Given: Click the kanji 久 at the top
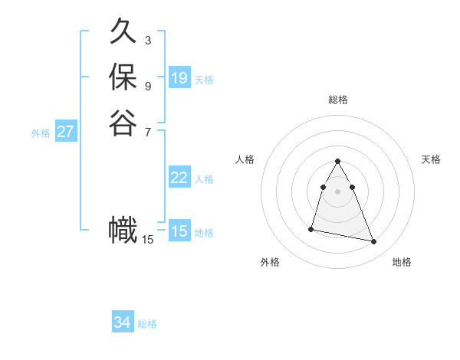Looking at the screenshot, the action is [123, 32].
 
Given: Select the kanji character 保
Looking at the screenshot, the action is [123, 77].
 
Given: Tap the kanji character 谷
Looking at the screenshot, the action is [123, 122].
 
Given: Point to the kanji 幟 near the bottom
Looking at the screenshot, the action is [123, 231].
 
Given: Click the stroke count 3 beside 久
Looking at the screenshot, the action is [147, 40].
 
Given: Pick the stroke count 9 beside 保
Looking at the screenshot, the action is [147, 85].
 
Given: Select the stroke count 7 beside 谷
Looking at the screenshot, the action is [147, 130].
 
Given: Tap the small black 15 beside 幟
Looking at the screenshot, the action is [147, 240].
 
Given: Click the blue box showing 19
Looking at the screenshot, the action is [179, 77].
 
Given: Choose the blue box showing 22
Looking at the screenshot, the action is [179, 178].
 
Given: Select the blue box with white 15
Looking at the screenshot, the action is [179, 231].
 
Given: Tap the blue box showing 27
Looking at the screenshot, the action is [66, 132].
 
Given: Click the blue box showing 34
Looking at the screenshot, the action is [123, 322].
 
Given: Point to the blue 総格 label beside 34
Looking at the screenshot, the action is [147, 324].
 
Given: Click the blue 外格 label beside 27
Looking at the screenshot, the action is [41, 133].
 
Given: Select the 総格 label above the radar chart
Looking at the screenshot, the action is [338, 100].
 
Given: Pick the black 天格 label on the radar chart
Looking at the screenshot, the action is [431, 159].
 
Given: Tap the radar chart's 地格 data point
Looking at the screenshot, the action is [374, 242].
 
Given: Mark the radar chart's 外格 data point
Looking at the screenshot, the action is [311, 228].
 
